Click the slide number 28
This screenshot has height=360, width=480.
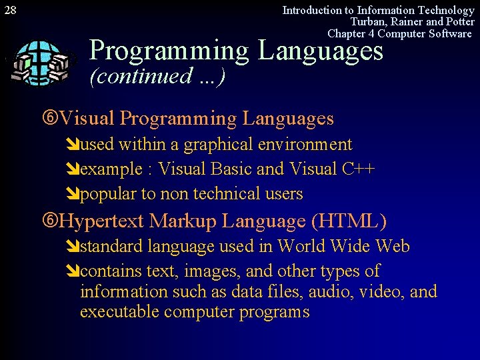tap(10, 10)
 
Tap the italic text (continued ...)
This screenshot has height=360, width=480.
tap(157, 76)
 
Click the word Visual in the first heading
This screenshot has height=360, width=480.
tap(87, 119)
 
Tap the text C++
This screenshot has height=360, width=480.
tap(359, 169)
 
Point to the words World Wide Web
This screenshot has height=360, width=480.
tap(343, 247)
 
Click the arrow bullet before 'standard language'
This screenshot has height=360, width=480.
tap(73, 247)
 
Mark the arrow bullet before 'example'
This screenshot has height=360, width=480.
tap(73, 170)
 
